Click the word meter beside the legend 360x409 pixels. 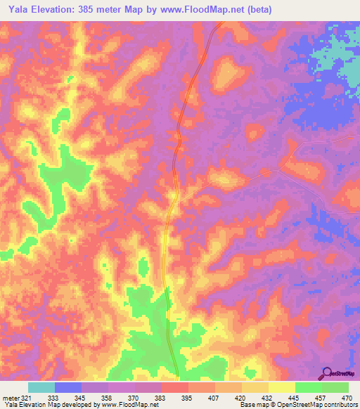(x=11, y=397)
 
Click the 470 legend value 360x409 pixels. (x=347, y=397)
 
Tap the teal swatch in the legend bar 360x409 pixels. (x=41, y=387)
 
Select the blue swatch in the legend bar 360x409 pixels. (x=68, y=387)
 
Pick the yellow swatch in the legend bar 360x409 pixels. (x=282, y=387)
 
